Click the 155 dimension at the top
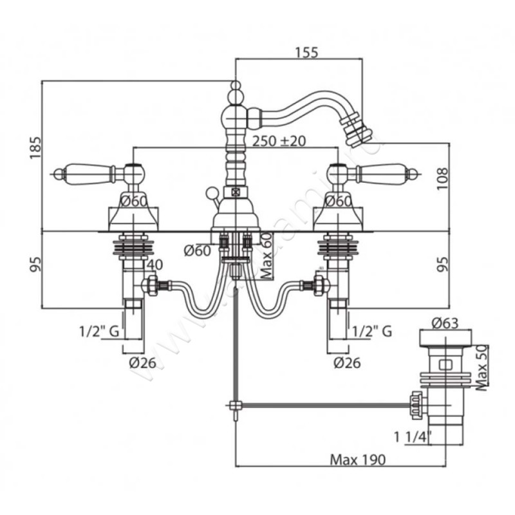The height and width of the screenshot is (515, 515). point(306,53)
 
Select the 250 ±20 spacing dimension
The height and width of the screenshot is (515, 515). point(279,141)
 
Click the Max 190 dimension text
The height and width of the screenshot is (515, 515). point(357,460)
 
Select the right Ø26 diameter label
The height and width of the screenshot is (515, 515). point(346,362)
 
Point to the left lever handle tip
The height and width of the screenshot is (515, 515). point(57,173)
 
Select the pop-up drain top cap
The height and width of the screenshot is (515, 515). point(442,339)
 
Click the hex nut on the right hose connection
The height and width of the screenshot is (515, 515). point(319,284)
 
